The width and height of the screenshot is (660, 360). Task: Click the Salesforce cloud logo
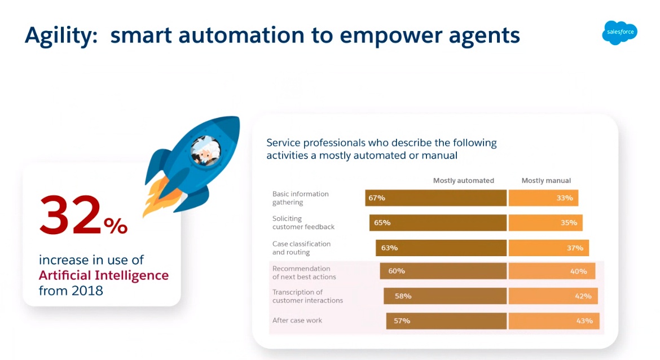(619, 32)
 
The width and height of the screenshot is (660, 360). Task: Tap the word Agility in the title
(61, 36)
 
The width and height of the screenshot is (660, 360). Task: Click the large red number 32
(71, 214)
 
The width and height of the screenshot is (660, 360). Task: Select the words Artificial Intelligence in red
(104, 275)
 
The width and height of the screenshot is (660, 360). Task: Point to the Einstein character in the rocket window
(206, 151)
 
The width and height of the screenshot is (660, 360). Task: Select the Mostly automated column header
(464, 181)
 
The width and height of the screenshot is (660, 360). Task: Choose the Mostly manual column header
(546, 181)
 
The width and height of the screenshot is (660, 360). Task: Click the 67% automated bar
(435, 198)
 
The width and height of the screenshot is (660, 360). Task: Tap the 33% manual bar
(543, 198)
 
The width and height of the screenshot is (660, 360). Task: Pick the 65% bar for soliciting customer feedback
(438, 223)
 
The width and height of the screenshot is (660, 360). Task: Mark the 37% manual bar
(549, 248)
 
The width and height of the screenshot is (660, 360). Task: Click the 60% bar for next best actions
(443, 271)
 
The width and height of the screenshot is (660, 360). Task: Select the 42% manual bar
(553, 296)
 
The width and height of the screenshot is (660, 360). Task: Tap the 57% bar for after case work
(447, 321)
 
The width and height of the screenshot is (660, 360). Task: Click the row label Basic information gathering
(301, 198)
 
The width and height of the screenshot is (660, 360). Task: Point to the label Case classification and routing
(301, 248)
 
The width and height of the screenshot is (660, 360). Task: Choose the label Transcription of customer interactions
(307, 296)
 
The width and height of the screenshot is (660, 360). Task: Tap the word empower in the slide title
(389, 36)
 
